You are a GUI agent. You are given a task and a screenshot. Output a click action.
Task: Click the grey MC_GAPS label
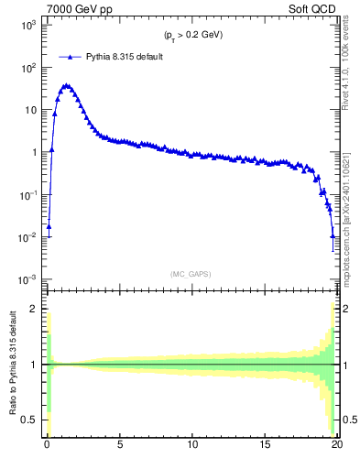[x=192, y=274]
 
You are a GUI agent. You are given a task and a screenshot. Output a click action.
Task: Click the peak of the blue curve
[x=66, y=85]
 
